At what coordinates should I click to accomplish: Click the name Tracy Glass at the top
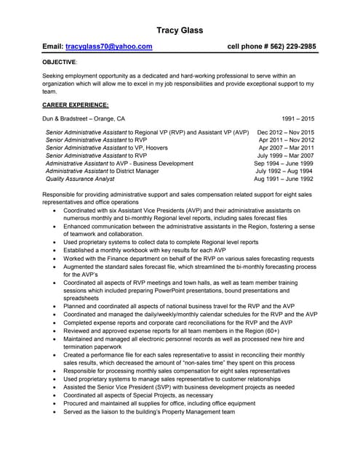tap(180, 30)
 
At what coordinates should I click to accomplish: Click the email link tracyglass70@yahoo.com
tap(108, 46)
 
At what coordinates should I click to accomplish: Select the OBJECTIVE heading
tap(59, 62)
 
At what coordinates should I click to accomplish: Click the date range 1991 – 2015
tap(297, 118)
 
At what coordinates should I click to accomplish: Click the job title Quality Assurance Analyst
tap(80, 179)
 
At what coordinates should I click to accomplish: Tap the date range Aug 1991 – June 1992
tap(284, 179)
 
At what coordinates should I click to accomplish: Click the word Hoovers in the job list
tap(154, 147)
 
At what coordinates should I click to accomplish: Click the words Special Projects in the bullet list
tap(147, 395)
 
